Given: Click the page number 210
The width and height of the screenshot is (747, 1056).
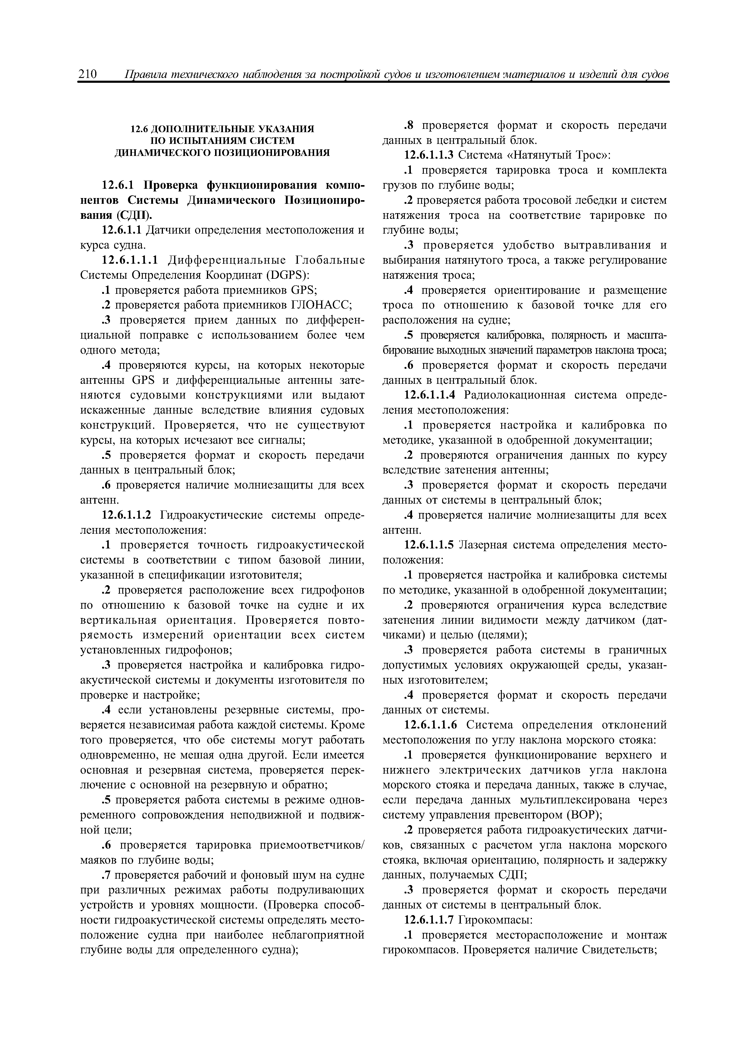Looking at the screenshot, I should pyautogui.click(x=87, y=74).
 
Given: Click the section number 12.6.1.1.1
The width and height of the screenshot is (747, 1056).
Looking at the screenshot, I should pyautogui.click(x=130, y=260).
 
